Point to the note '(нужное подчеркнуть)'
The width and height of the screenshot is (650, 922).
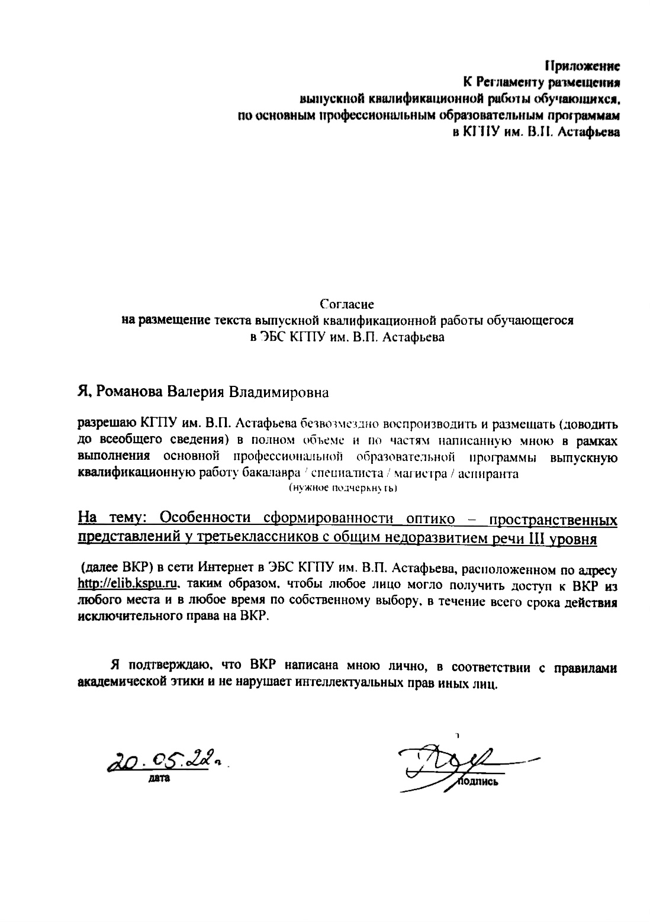pos(343,488)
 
